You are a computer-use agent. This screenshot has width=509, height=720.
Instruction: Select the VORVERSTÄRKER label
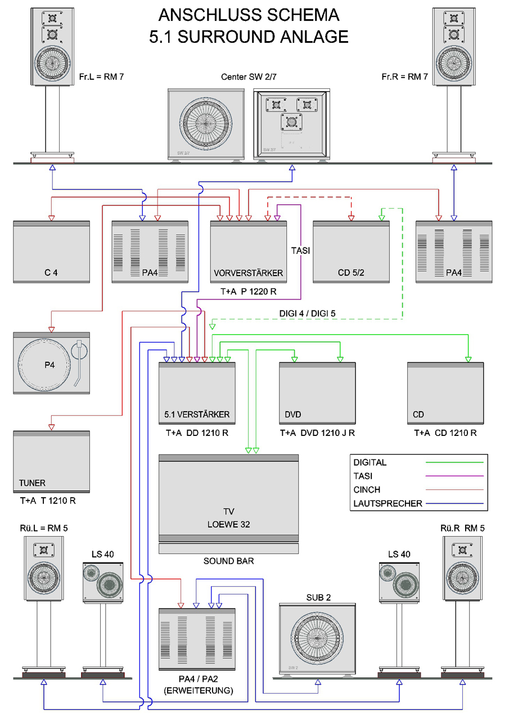coord(248,273)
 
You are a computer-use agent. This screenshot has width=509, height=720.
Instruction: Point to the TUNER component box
coord(51,461)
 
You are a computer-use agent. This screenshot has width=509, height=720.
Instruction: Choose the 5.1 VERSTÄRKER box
coord(197,394)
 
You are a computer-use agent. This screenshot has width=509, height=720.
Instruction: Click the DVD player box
coord(317,394)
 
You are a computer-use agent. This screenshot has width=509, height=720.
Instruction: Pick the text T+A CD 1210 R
coord(445,433)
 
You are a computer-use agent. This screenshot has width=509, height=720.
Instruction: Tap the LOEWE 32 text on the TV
coord(228,524)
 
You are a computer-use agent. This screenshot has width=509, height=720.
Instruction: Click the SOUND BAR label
coord(228,561)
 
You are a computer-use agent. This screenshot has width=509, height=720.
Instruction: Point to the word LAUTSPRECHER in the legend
coord(388,503)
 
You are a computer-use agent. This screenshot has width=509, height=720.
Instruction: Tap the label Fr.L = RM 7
coord(102,76)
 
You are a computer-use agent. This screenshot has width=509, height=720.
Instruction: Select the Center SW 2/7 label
coord(249,77)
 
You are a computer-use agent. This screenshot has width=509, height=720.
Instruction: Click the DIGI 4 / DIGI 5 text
coord(308,313)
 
